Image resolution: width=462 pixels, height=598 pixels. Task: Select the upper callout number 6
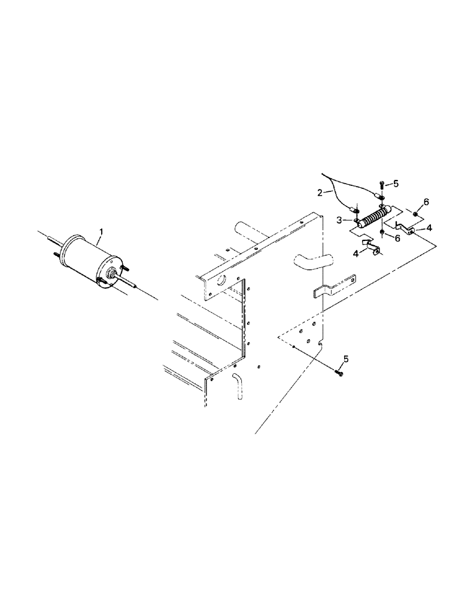[x=426, y=202]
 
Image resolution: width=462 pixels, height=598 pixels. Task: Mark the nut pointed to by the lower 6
[x=382, y=230]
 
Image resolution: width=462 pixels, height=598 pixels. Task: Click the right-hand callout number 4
[x=430, y=228]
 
